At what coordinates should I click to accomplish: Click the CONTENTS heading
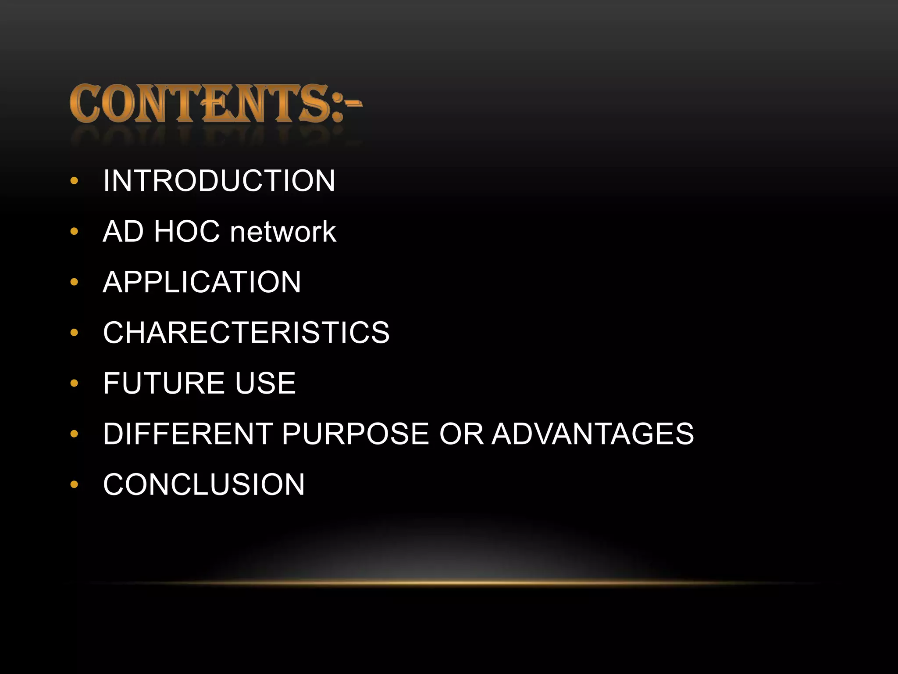[215, 104]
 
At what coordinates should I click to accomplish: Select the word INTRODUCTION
[219, 181]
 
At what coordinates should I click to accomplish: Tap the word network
[283, 232]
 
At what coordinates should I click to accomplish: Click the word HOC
[186, 232]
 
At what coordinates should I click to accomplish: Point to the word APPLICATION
[202, 282]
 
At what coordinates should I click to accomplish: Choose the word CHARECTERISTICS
[246, 333]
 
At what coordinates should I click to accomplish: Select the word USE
[265, 383]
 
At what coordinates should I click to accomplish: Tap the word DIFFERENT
[188, 434]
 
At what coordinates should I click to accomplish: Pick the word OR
[461, 434]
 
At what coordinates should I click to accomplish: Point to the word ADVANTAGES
[593, 434]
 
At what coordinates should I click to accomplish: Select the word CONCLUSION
[204, 484]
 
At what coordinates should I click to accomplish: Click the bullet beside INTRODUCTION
[74, 181]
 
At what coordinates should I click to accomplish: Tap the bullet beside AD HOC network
[74, 232]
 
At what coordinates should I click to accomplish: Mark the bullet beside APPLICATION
[74, 282]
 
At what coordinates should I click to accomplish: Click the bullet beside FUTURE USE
[74, 384]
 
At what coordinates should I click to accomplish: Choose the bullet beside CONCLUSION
[74, 485]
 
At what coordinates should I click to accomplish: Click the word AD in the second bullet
[123, 232]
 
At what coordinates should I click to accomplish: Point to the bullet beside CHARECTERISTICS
[74, 333]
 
